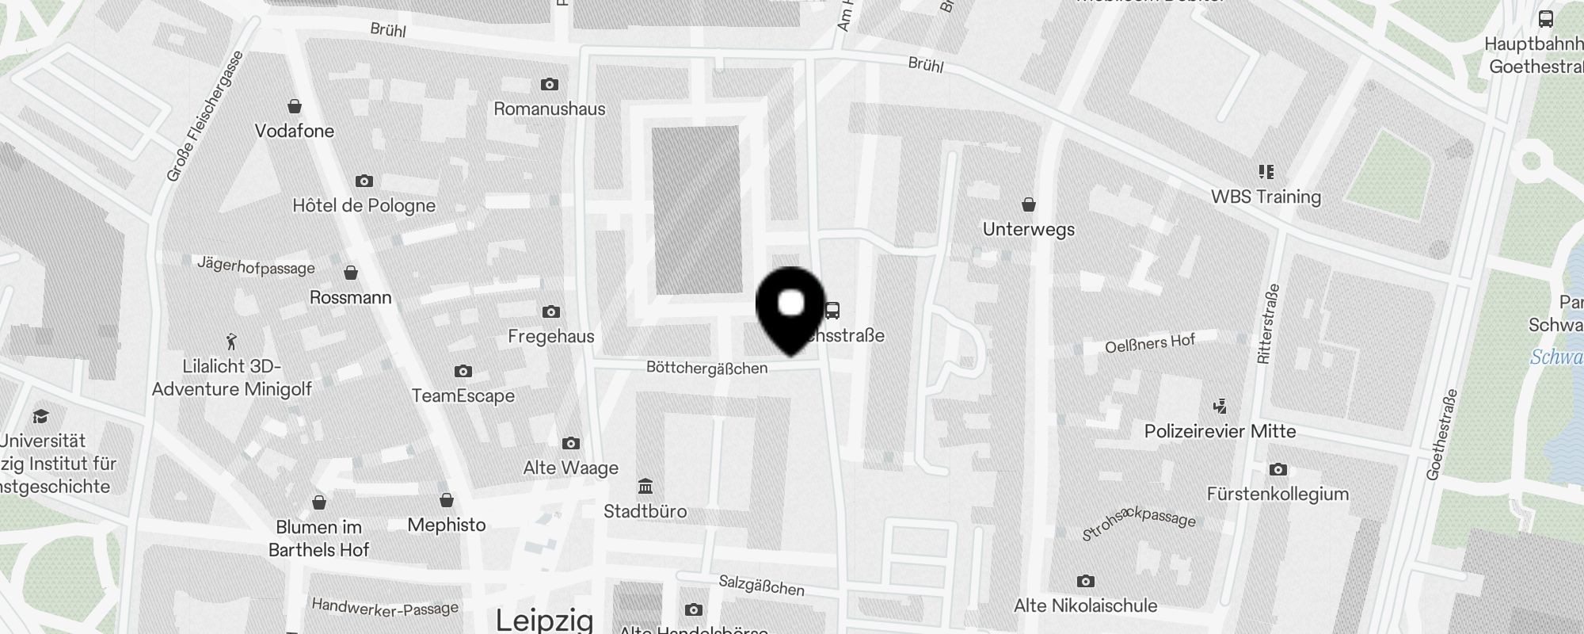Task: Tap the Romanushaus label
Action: coord(550,109)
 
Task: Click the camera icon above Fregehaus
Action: coord(551,312)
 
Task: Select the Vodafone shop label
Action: coord(295,131)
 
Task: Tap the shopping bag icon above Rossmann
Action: coord(351,273)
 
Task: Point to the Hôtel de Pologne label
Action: coord(364,206)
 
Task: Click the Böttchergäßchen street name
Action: coord(706,368)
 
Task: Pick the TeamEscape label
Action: coord(463,395)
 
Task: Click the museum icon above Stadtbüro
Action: coord(645,486)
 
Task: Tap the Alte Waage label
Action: coord(571,468)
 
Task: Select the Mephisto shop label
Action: coord(447,525)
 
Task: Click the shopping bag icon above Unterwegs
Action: coord(1029,205)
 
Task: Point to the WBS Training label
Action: coord(1266,197)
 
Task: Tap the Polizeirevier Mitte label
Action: coord(1220,432)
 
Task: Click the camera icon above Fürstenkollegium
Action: coord(1277,470)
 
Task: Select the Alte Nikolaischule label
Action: coord(1085,606)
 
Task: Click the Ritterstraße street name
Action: coord(1267,324)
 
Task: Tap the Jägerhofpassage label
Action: coord(256,265)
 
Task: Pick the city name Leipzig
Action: coord(545,620)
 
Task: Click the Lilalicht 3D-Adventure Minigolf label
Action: coord(231,378)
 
